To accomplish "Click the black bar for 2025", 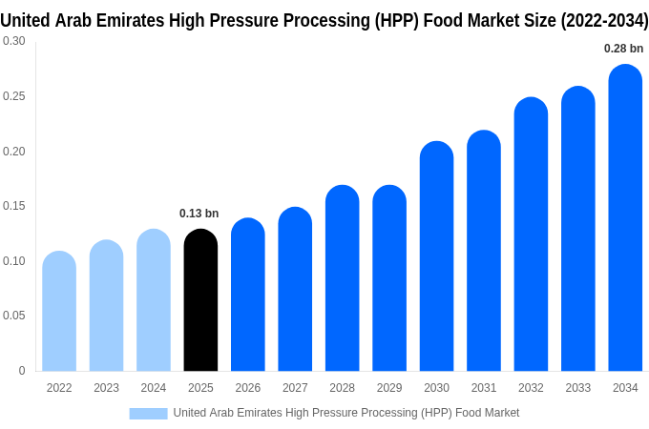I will pyautogui.click(x=200, y=300).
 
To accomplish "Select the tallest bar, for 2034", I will pyautogui.click(x=625, y=218).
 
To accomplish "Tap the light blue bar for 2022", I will pyautogui.click(x=59, y=312).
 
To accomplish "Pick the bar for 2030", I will pyautogui.click(x=436, y=256).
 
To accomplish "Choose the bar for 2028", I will pyautogui.click(x=342, y=278).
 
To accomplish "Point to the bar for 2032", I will pyautogui.click(x=531, y=235).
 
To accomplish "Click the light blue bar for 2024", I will pyautogui.click(x=154, y=300).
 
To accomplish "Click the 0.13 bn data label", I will pyautogui.click(x=199, y=214).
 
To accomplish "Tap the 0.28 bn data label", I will pyautogui.click(x=623, y=49).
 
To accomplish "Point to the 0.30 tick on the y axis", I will pyautogui.click(x=14, y=41).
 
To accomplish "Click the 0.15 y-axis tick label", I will pyautogui.click(x=14, y=206).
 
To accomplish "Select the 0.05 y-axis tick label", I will pyautogui.click(x=14, y=316).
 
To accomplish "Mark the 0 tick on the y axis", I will pyautogui.click(x=22, y=371).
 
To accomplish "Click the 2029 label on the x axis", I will pyautogui.click(x=389, y=388).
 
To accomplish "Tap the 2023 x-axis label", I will pyautogui.click(x=106, y=388).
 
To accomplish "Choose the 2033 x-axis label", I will pyautogui.click(x=577, y=388).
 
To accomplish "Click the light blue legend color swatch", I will pyautogui.click(x=148, y=413).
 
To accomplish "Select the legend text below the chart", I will pyautogui.click(x=345, y=413).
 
